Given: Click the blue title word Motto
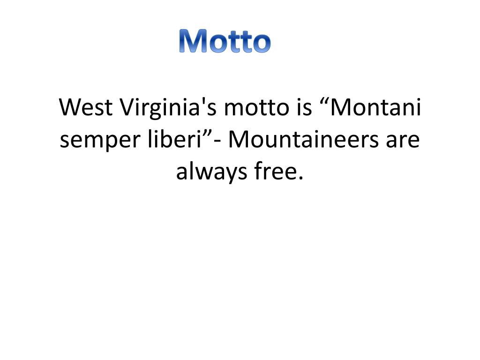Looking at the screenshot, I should (225, 41).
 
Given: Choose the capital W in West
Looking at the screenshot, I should (69, 108).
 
